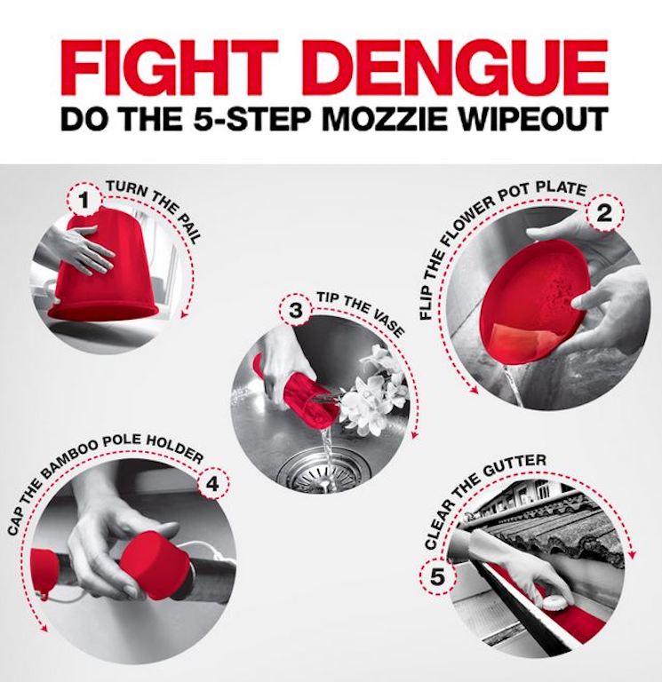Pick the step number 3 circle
tap(295, 311)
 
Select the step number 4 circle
tap(213, 485)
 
